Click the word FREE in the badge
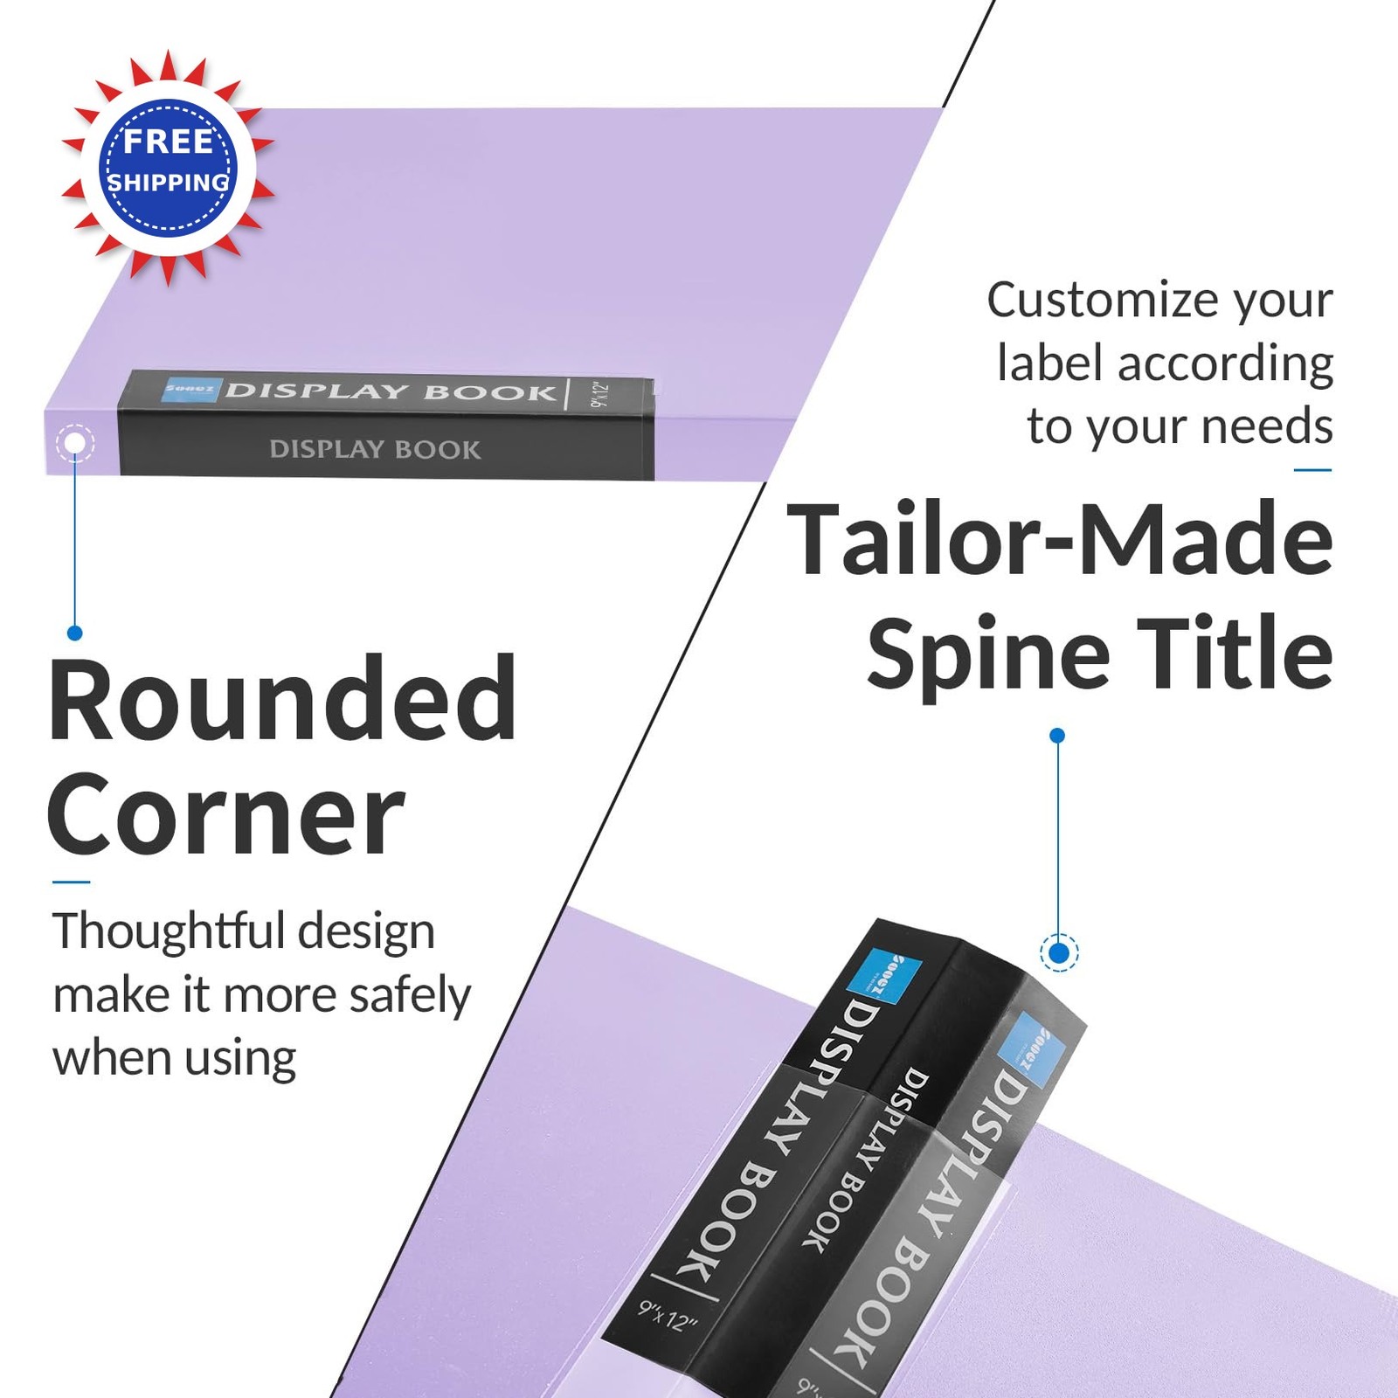(x=168, y=142)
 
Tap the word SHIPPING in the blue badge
(x=168, y=183)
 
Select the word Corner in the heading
(x=226, y=818)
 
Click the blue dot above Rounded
(x=75, y=633)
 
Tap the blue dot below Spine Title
(x=1057, y=736)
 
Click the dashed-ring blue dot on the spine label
(x=1060, y=952)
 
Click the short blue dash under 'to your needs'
(x=1312, y=470)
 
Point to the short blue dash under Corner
(x=71, y=882)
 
